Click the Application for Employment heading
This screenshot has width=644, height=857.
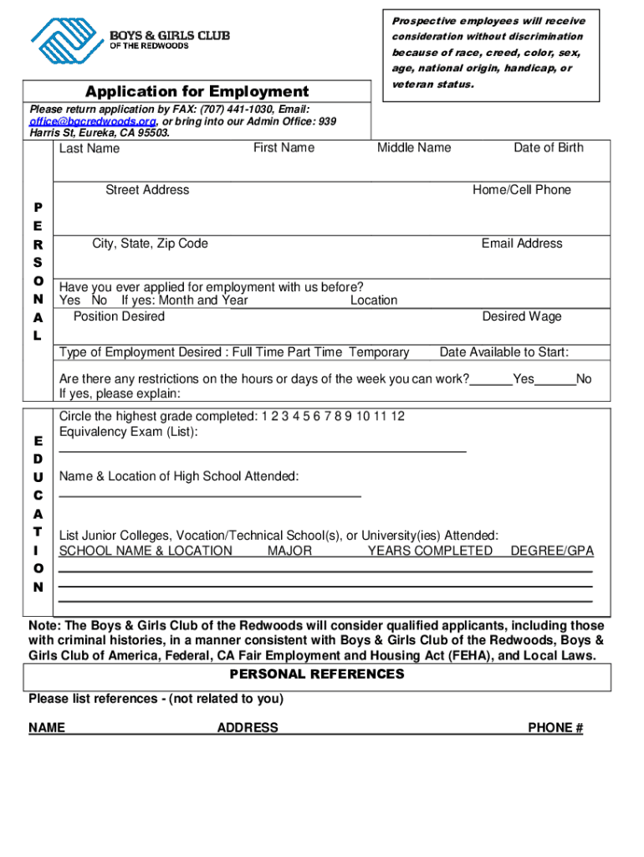197,91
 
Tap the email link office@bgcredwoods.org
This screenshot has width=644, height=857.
93,121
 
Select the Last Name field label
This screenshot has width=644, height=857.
89,149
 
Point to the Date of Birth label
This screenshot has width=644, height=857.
549,148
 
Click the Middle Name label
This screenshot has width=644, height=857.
414,148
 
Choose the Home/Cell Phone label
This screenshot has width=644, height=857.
522,190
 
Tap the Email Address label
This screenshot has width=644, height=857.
522,244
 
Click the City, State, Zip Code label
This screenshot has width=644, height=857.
150,244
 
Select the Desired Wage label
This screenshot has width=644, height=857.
522,316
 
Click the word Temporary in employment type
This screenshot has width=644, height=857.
379,352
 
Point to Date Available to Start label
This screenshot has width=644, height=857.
504,352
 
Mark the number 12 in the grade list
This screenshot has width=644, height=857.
396,416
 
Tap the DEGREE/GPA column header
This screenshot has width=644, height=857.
552,551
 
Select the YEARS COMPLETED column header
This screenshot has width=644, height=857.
430,551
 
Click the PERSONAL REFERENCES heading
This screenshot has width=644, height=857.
317,675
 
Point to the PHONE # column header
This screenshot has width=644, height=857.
555,728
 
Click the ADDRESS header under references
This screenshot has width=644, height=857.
248,728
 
